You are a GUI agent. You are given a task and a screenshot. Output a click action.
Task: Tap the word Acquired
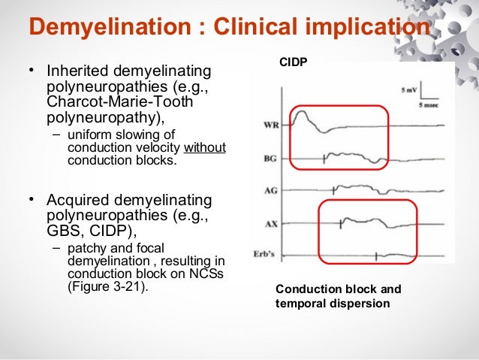[77, 201]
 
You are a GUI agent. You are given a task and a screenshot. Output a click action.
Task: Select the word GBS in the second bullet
[62, 231]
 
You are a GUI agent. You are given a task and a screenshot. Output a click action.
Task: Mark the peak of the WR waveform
[300, 112]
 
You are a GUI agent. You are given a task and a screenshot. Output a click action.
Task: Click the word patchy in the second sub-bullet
[85, 247]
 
